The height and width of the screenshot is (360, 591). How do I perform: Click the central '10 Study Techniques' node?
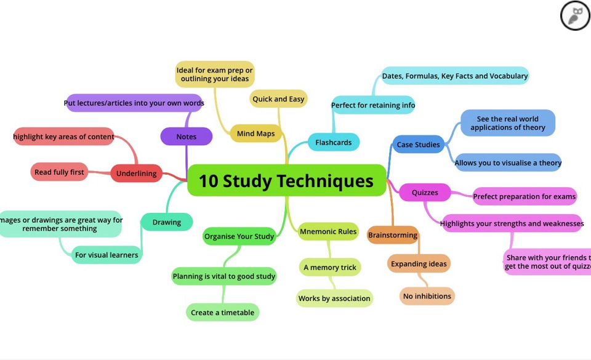(x=286, y=180)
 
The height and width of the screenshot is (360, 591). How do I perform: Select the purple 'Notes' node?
(x=186, y=137)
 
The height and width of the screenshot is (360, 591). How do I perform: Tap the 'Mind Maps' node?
(x=256, y=134)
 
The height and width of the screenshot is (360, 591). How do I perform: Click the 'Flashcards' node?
(x=334, y=142)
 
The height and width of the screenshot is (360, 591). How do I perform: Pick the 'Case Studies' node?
(x=419, y=145)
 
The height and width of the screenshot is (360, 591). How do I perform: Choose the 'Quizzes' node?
(x=425, y=193)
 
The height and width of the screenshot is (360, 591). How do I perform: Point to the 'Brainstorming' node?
(x=393, y=235)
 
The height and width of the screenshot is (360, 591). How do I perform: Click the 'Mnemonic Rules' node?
(x=328, y=231)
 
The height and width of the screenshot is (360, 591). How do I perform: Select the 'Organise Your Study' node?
(x=239, y=236)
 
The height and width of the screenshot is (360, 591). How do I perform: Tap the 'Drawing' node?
(x=167, y=222)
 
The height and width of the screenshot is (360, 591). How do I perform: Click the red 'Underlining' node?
(x=137, y=173)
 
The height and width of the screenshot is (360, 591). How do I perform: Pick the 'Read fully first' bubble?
(x=59, y=172)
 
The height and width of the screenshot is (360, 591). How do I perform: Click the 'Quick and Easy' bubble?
(x=278, y=98)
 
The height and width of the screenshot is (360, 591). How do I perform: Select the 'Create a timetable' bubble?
(x=222, y=313)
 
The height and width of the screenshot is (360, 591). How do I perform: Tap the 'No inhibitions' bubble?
(x=427, y=296)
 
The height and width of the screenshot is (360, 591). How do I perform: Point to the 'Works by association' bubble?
(x=334, y=298)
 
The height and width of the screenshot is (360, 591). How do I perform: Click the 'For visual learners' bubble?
(x=107, y=255)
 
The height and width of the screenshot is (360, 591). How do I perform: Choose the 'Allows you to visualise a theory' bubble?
(x=508, y=162)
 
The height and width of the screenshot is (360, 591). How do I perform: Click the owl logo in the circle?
(x=575, y=15)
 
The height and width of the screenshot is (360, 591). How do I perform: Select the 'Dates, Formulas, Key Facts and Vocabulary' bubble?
(x=456, y=76)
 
